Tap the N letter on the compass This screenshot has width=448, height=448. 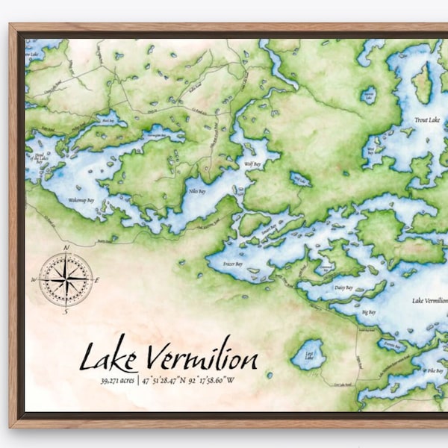coord(66,247)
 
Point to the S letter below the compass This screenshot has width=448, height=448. coord(66,312)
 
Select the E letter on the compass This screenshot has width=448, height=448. coord(99,279)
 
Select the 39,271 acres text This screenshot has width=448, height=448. coord(116,381)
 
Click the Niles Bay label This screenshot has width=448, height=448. coord(196,192)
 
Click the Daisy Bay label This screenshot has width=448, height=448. coord(343,287)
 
